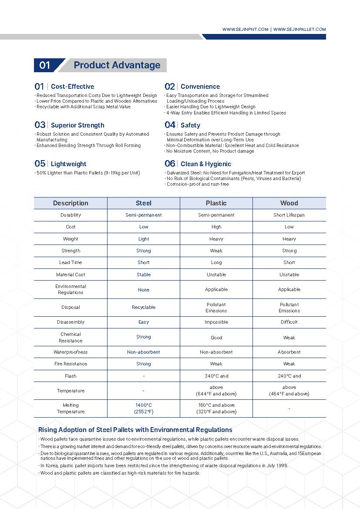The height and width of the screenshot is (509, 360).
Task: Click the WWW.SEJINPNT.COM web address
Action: pos(245,30)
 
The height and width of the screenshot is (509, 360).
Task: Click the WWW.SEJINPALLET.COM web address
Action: pos(299,30)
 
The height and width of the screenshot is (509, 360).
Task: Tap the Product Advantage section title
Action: pos(117,65)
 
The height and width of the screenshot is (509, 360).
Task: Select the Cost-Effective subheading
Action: pos(72,87)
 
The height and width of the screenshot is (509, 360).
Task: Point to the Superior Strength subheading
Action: pos(77,125)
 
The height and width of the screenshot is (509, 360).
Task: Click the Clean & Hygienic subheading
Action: pos(206,164)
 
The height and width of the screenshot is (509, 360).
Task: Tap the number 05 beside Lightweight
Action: pos(40,164)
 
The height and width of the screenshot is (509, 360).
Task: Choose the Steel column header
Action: pos(144,203)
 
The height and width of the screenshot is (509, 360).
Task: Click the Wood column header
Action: pos(289,203)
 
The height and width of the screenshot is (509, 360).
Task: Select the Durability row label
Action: pos(71,215)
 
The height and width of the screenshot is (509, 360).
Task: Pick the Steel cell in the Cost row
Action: pos(144,227)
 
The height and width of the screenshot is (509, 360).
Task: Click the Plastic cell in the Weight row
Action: pos(216,239)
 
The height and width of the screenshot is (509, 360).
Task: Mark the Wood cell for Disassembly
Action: pos(289,322)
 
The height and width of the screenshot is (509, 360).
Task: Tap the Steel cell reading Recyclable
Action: pos(144,307)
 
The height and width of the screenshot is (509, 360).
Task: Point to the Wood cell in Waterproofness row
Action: pos(289,352)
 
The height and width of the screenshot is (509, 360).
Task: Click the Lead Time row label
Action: pos(71,262)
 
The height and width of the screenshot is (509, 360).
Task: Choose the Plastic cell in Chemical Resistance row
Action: pos(216,337)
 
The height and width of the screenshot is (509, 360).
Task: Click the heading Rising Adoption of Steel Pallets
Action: pos(135,430)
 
